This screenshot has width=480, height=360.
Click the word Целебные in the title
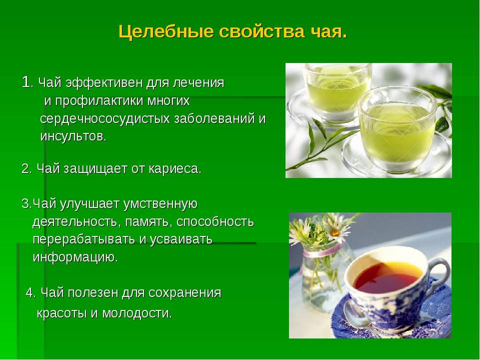(166, 31)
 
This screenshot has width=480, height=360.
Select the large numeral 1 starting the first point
(26, 82)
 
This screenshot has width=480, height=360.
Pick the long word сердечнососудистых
(105, 119)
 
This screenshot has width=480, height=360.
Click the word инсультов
(73, 136)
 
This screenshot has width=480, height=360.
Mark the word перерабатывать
(84, 239)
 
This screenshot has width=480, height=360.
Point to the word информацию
(75, 257)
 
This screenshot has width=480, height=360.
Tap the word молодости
(137, 313)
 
